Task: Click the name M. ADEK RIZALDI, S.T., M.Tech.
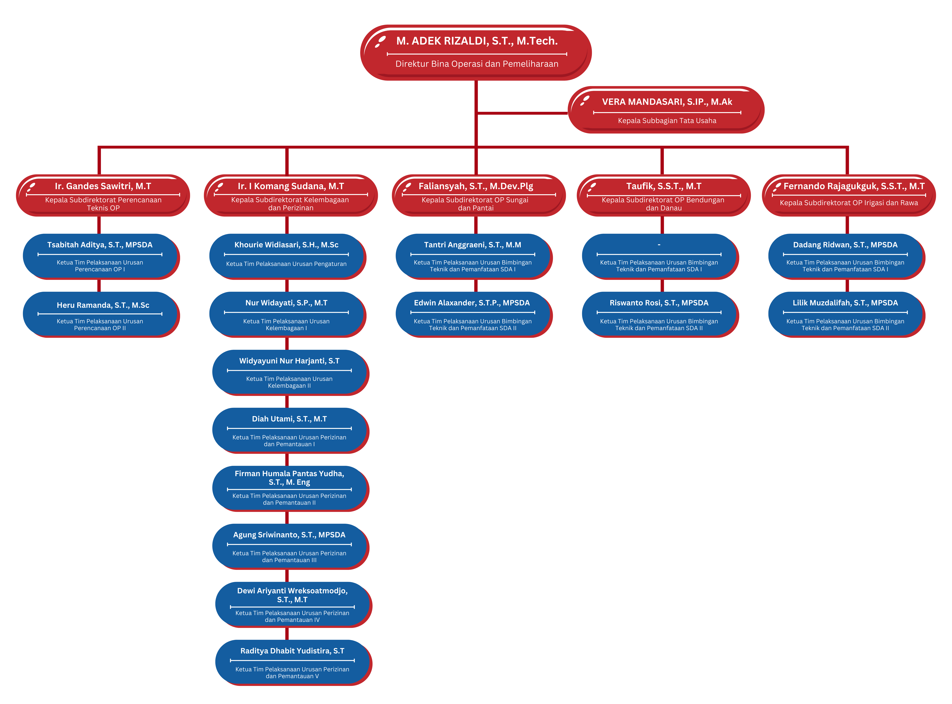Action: tap(477, 41)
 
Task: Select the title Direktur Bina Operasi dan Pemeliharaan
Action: tap(477, 64)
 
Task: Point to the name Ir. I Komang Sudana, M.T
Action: tap(291, 186)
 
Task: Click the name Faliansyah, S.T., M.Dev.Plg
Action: tap(476, 186)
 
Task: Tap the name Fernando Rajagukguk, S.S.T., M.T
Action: tap(854, 186)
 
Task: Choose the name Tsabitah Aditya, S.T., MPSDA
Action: tap(100, 245)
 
